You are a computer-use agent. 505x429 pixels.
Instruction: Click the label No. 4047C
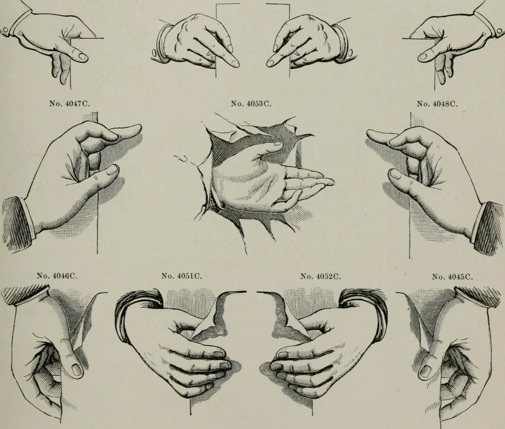point(70,104)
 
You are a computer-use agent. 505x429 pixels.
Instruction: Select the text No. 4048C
point(437,104)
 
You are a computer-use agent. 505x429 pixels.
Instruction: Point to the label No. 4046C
point(57,276)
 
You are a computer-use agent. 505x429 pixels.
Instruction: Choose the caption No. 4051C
point(181,276)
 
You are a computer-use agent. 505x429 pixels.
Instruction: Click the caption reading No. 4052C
point(321,276)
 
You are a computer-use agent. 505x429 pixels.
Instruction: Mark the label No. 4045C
point(453,277)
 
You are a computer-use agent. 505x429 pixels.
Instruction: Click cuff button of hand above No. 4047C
point(5,31)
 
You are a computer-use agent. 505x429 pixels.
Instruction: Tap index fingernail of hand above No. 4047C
point(83,57)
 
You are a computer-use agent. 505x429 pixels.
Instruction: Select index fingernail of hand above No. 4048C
point(423,57)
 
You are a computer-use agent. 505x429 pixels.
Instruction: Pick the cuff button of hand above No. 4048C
point(500,31)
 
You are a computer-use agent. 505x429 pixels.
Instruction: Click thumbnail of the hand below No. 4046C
point(77,370)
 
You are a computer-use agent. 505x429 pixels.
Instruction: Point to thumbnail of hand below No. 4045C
point(426,371)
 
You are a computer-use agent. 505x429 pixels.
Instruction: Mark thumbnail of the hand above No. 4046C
point(111,170)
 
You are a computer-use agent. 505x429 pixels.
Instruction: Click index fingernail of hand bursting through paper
point(277,144)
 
